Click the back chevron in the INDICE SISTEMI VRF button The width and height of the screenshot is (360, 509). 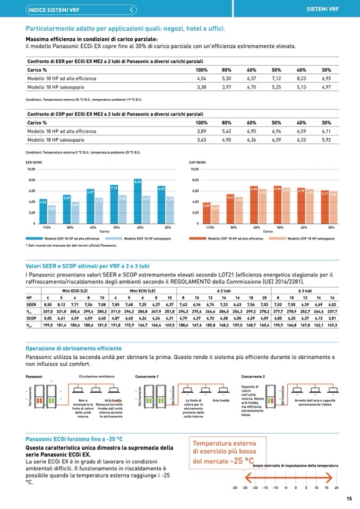132,9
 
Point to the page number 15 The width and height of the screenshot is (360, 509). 349,498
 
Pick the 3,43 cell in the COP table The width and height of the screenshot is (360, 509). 201,140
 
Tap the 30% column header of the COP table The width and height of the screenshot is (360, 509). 326,123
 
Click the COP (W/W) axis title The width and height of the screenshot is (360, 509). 198,162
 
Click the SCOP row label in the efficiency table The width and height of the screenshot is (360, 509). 31,318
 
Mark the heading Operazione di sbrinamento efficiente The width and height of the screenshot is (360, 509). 74,348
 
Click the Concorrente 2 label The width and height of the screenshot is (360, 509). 253,376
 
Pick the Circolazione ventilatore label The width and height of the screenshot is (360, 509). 97,376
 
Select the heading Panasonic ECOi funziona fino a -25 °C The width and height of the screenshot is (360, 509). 74,439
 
